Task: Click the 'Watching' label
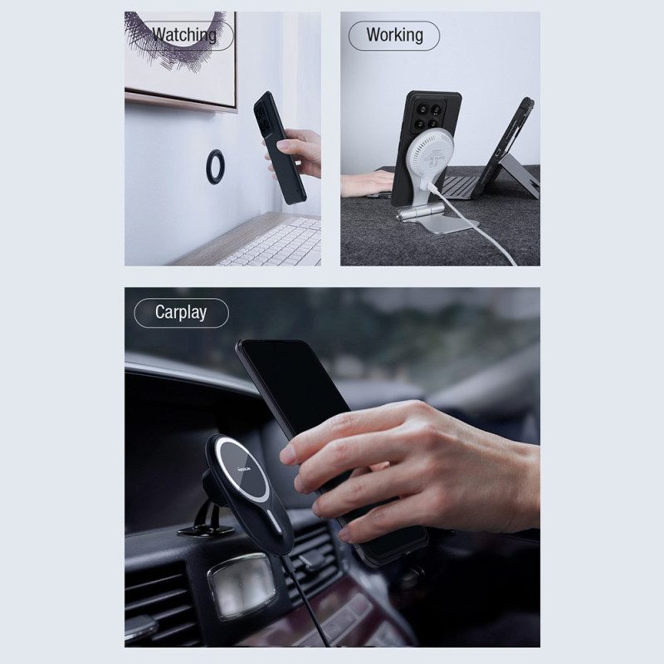click(x=184, y=35)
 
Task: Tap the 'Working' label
click(x=395, y=35)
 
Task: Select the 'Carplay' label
click(x=181, y=313)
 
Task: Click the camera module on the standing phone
click(x=428, y=115)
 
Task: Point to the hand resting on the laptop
click(x=367, y=183)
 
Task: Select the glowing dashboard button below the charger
click(x=242, y=586)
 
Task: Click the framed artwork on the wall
click(x=181, y=59)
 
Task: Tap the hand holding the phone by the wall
click(x=297, y=153)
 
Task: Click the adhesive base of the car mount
click(x=206, y=530)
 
